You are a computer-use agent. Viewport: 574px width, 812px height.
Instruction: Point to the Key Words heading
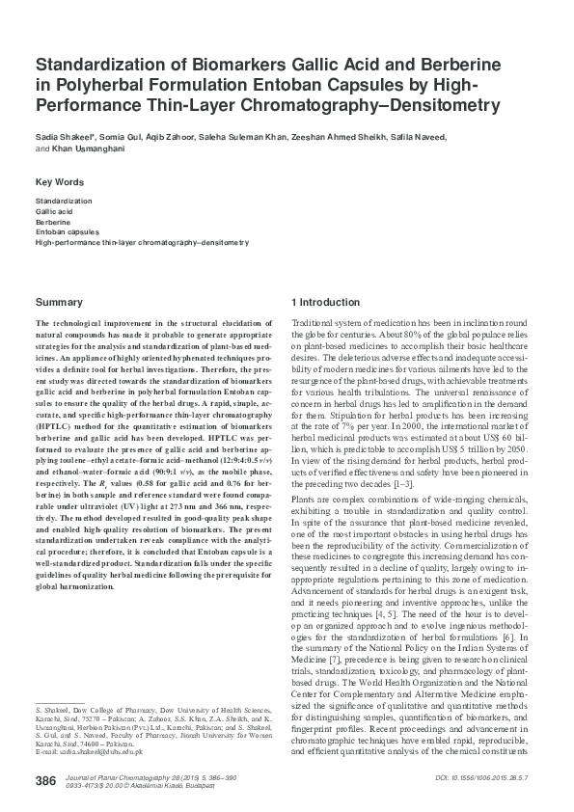[60, 182]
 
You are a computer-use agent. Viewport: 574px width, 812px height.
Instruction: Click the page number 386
[45, 779]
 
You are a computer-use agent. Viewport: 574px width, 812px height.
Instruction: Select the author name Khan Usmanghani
[83, 149]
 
